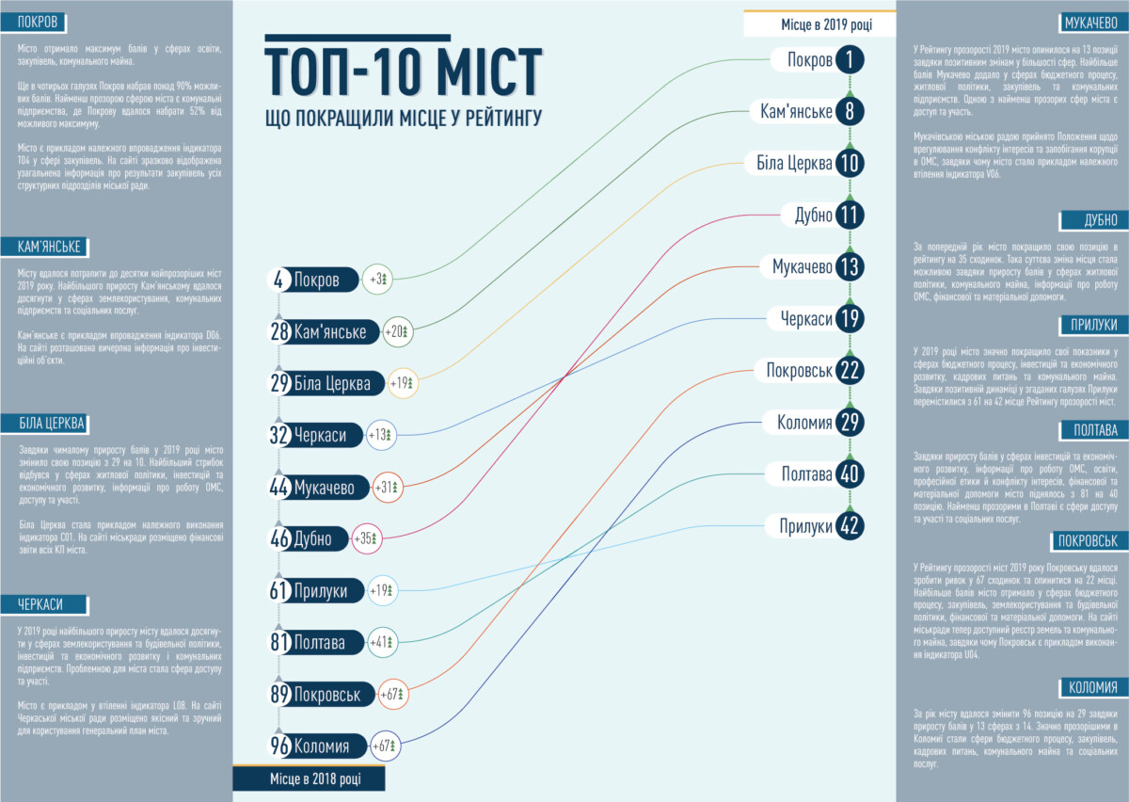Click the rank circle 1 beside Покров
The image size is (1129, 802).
pyautogui.click(x=850, y=60)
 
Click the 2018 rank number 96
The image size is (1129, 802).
pyautogui.click(x=278, y=746)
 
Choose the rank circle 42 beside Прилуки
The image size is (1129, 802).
pyautogui.click(x=850, y=525)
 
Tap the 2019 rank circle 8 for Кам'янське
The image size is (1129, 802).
pyautogui.click(x=850, y=112)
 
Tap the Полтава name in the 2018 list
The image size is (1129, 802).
pyautogui.click(x=320, y=643)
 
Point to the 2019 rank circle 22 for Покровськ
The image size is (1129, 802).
pyautogui.click(x=850, y=370)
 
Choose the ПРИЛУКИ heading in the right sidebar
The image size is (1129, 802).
pyautogui.click(x=1092, y=325)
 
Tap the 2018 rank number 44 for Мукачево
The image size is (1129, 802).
pyautogui.click(x=278, y=488)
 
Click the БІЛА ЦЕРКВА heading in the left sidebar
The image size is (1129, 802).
pyautogui.click(x=52, y=423)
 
